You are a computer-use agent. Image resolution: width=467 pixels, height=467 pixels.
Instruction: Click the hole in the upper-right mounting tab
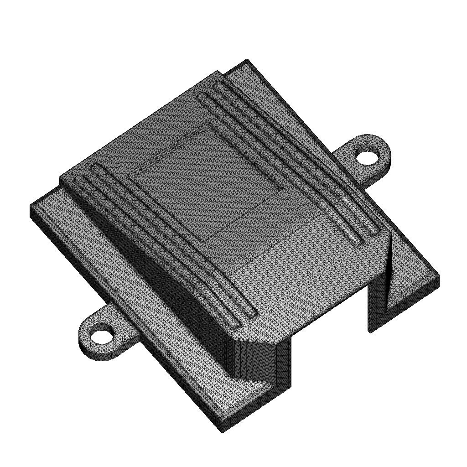pos(368,156)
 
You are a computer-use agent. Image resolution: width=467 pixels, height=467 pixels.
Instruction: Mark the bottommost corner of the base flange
pos(223,431)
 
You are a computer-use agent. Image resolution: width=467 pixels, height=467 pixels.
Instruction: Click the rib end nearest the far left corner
pos(79,179)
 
